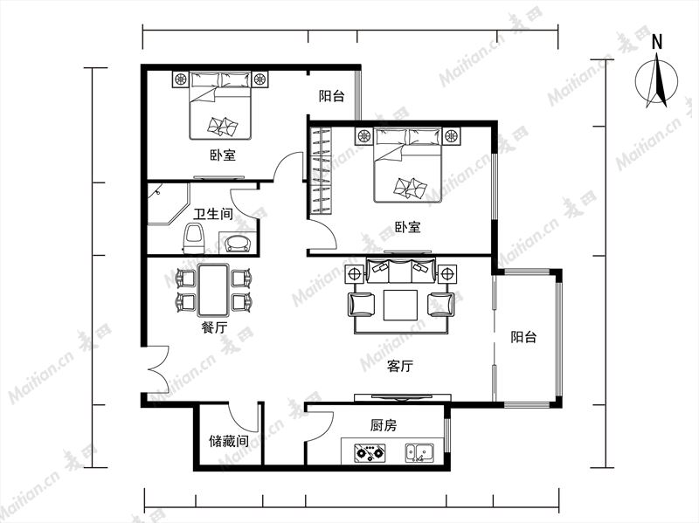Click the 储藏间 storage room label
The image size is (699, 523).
coord(229,441)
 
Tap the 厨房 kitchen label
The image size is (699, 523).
coord(384,426)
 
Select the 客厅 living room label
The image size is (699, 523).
coord(400,366)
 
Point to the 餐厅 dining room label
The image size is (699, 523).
coord(214,328)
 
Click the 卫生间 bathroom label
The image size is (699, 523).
coord(212,214)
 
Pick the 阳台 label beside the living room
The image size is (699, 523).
coord(523,337)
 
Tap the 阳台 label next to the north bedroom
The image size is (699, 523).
coord(332,96)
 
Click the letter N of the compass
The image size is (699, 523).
coord(657,42)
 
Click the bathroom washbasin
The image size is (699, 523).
coord(239,243)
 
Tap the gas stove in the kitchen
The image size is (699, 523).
coord(370,452)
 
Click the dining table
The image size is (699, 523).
coord(213,290)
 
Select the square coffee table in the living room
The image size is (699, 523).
coord(400,306)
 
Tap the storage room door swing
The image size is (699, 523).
coord(244,418)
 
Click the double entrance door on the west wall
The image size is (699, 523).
coord(157,368)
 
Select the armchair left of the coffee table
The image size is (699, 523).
coord(361,305)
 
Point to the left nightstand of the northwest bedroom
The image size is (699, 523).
coord(181,79)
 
